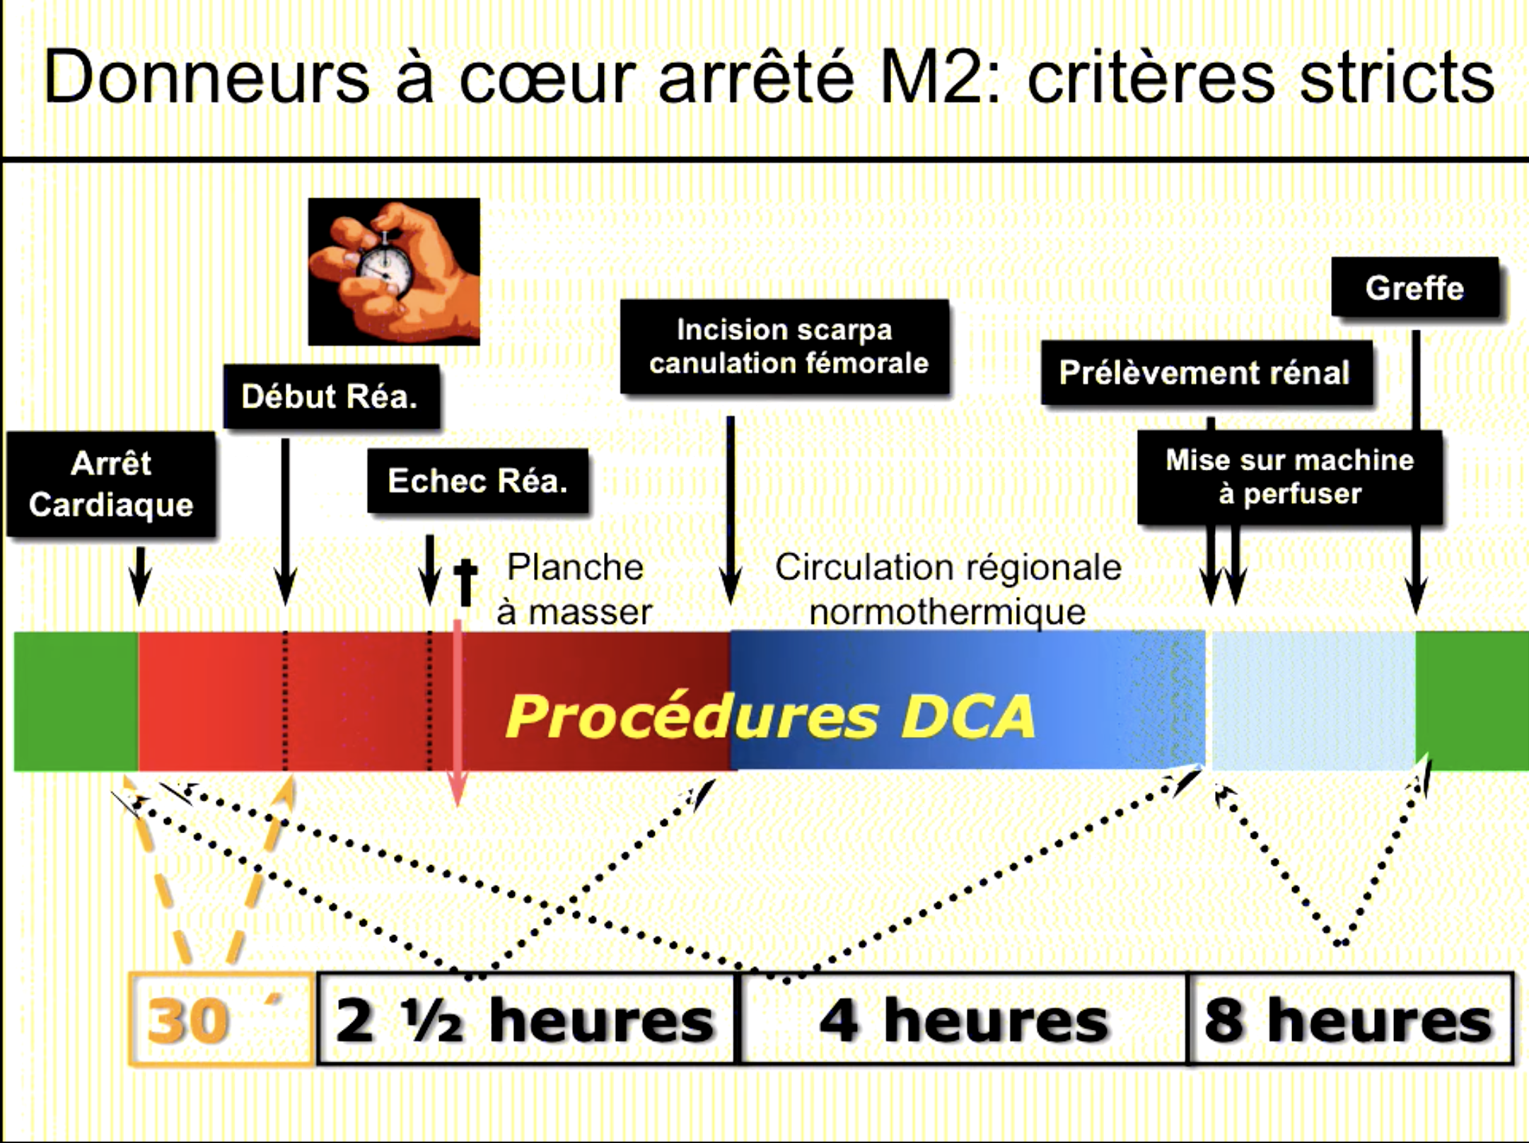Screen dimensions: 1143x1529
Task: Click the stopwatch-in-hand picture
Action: pyautogui.click(x=394, y=272)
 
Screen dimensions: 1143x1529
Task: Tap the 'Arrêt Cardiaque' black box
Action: pyautogui.click(x=111, y=485)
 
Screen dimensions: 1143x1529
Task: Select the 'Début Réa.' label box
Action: pyautogui.click(x=330, y=396)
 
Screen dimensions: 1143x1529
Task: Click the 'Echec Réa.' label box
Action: pyautogui.click(x=477, y=481)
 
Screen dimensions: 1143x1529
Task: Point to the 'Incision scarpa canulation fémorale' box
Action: pyautogui.click(x=785, y=347)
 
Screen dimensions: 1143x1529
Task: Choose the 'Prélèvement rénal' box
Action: pyautogui.click(x=1205, y=373)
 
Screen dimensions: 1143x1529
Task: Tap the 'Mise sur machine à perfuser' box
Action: pyautogui.click(x=1289, y=477)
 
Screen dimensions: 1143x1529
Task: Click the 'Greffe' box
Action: pyautogui.click(x=1414, y=288)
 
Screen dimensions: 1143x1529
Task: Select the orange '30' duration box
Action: pyautogui.click(x=220, y=1019)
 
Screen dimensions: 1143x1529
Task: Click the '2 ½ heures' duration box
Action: pyautogui.click(x=525, y=1019)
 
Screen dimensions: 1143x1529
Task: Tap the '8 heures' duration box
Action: pyautogui.click(x=1349, y=1019)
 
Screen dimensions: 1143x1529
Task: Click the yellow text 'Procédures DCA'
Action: pyautogui.click(x=771, y=716)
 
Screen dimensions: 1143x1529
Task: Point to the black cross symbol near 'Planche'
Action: pyautogui.click(x=465, y=581)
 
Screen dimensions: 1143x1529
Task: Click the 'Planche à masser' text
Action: pyautogui.click(x=574, y=589)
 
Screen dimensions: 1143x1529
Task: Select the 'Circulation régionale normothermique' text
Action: pyautogui.click(x=948, y=589)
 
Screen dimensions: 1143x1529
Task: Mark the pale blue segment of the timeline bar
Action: pyautogui.click(x=1313, y=700)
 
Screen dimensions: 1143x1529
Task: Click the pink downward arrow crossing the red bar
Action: pyautogui.click(x=458, y=714)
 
